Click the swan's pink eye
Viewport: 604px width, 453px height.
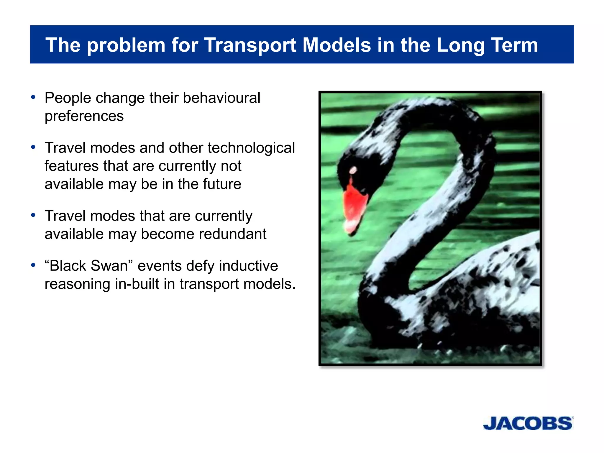click(353, 170)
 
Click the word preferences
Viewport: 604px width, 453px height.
click(84, 116)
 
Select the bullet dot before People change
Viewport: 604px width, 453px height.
click(33, 97)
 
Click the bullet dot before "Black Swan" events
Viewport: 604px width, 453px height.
click(33, 265)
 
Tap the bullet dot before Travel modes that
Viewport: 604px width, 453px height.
click(33, 215)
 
